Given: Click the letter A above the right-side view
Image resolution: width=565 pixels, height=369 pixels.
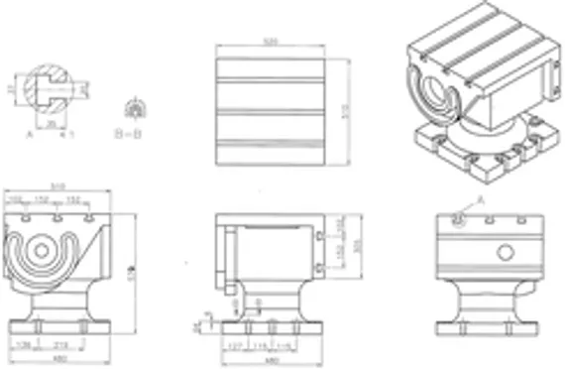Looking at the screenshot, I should (x=482, y=200).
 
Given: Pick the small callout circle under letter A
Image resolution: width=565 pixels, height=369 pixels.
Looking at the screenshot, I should (x=458, y=220).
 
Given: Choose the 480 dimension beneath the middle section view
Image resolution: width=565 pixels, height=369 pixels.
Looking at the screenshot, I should (x=271, y=358).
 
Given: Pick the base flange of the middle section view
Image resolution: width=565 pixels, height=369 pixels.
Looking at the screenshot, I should (x=271, y=327).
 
